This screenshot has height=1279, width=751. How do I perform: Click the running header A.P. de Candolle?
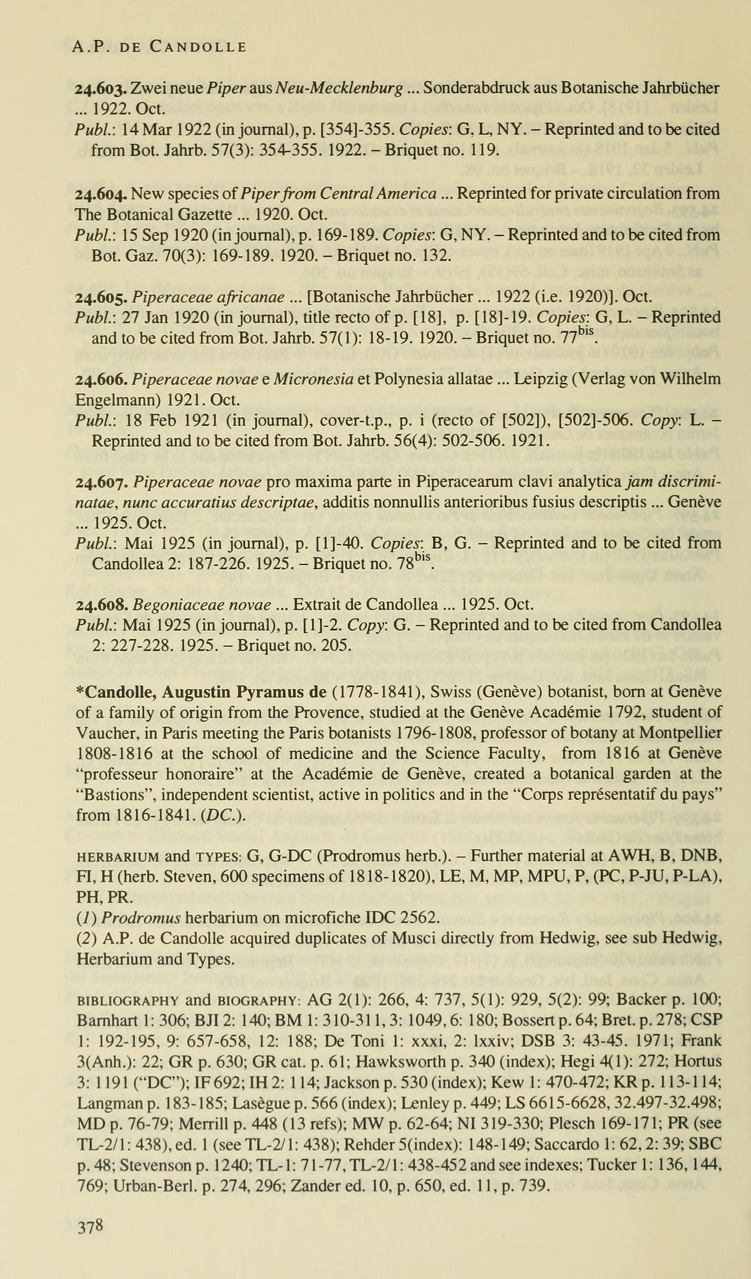[x=159, y=47]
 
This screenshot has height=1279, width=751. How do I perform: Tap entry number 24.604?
[x=101, y=194]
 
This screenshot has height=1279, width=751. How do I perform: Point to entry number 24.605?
[x=101, y=297]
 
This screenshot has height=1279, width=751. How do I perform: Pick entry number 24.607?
[x=101, y=482]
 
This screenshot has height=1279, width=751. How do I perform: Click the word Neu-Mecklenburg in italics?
[x=345, y=88]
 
